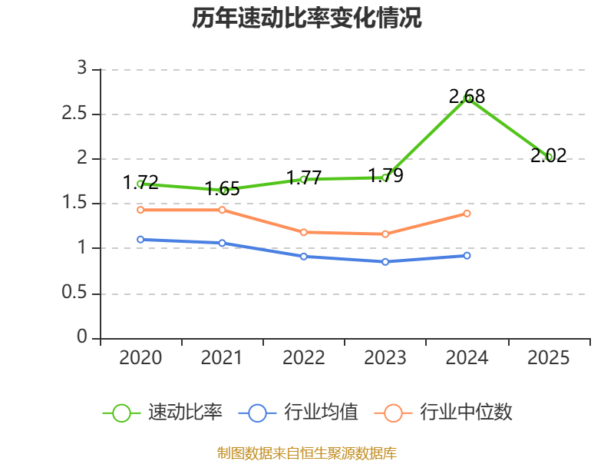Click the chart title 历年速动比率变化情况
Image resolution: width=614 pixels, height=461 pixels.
click(x=307, y=18)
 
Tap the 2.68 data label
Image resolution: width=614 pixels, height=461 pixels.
click(x=467, y=96)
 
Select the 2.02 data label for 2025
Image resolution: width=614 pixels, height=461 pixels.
click(x=548, y=155)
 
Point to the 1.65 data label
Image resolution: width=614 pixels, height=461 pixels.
click(x=222, y=188)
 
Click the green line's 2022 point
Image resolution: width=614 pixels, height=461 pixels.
click(x=304, y=179)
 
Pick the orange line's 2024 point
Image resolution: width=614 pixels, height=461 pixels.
click(x=467, y=214)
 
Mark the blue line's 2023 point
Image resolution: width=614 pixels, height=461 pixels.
click(x=385, y=262)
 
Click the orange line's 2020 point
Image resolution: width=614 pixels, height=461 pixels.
click(x=140, y=210)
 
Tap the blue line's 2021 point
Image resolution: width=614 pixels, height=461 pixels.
click(x=222, y=243)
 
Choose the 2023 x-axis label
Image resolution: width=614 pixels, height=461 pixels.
click(x=385, y=358)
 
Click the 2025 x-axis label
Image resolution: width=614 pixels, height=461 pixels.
click(x=548, y=358)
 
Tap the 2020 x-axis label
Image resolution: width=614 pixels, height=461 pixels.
click(x=140, y=358)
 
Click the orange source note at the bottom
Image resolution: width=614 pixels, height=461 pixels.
click(x=307, y=453)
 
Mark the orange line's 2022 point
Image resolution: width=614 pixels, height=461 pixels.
click(x=304, y=232)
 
